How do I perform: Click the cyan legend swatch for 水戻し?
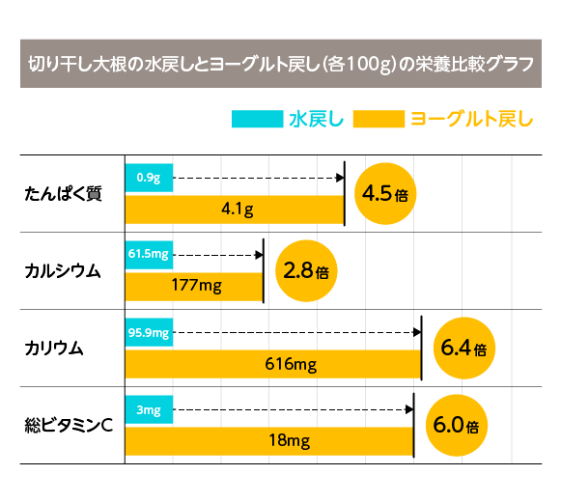click(x=256, y=120)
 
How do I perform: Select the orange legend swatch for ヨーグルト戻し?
click(x=379, y=120)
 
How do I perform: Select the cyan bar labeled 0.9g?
click(x=149, y=178)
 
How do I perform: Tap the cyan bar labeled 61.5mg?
click(x=149, y=255)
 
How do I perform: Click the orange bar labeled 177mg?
click(x=194, y=286)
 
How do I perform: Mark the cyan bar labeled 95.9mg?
click(x=149, y=333)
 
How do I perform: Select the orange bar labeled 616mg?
click(x=273, y=364)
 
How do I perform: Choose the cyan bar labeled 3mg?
click(x=149, y=410)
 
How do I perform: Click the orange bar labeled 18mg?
click(x=268, y=440)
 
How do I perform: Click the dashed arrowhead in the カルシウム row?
click(x=258, y=255)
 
